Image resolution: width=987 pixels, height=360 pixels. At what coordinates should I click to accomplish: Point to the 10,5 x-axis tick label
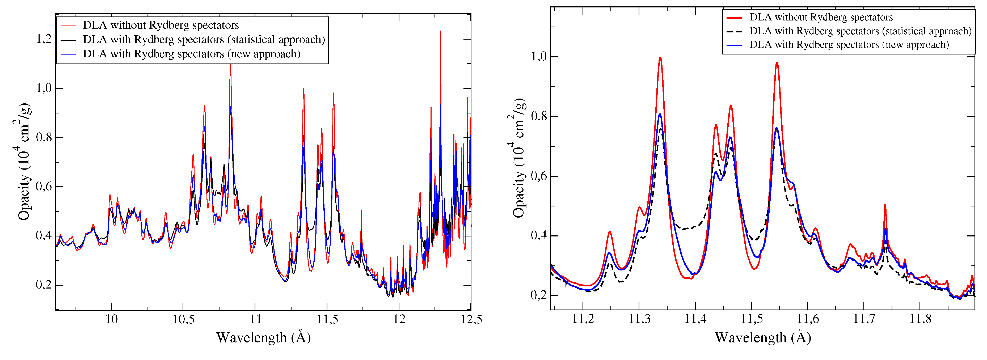point(183,319)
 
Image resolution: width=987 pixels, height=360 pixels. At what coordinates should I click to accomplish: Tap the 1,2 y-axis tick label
point(43,39)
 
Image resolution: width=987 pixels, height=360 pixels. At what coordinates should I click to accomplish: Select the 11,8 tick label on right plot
point(920,319)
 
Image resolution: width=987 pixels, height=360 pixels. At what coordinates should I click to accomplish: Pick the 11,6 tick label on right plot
point(807,319)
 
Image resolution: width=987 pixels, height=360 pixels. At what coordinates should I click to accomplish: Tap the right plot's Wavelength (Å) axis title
point(762,338)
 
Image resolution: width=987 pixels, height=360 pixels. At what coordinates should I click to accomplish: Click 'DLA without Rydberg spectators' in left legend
point(161,25)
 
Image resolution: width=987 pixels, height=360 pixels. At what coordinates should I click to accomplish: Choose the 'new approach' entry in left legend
point(191,54)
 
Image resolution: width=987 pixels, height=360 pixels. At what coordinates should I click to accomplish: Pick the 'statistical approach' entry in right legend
point(860,31)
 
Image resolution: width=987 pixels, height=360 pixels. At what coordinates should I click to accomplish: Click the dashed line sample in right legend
point(734,31)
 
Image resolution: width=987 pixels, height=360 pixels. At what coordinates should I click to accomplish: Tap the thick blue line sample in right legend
point(734,45)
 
